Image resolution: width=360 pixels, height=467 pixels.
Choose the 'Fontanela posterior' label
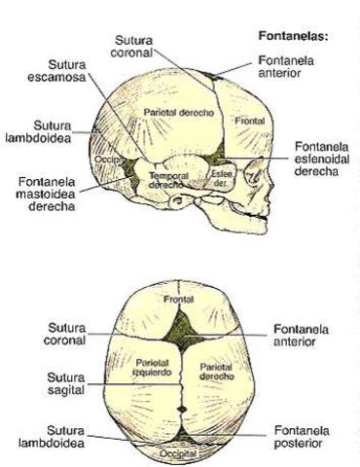point(305,431)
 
